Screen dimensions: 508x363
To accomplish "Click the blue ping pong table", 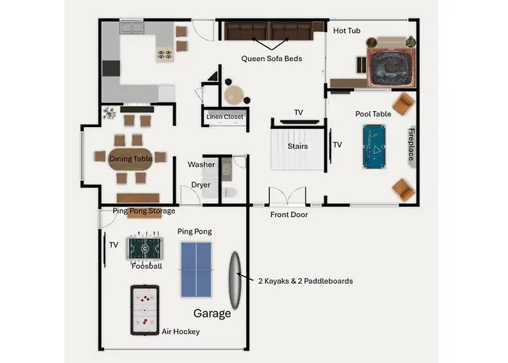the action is [x=196, y=269].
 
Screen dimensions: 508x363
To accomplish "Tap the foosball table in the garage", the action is [x=144, y=248].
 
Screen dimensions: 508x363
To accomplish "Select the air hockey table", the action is [x=145, y=310].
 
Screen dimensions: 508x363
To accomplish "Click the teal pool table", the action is [x=374, y=147].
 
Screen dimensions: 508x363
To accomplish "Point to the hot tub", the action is [x=390, y=67].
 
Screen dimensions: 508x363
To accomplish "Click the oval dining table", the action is [x=130, y=159].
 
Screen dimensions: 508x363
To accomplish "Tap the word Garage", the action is [x=212, y=314].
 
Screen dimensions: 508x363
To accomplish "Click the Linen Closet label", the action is [x=225, y=117].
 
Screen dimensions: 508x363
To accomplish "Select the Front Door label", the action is [x=289, y=215].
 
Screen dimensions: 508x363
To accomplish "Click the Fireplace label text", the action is [x=411, y=144].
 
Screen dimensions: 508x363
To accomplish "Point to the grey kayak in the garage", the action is [x=235, y=280].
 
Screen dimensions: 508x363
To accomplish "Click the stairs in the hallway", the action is [x=298, y=149].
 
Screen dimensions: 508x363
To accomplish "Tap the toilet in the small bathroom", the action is [x=229, y=192].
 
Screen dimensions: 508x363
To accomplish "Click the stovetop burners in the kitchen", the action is [x=165, y=54].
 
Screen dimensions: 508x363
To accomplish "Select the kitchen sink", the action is [x=132, y=28].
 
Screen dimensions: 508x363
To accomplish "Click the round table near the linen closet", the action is [x=234, y=94].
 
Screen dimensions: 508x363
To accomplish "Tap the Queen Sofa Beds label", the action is [x=271, y=59].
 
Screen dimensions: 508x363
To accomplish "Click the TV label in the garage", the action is [x=113, y=245].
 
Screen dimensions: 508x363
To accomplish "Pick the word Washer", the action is [x=201, y=165].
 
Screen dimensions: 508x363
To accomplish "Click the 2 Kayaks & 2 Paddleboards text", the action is [x=306, y=281].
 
